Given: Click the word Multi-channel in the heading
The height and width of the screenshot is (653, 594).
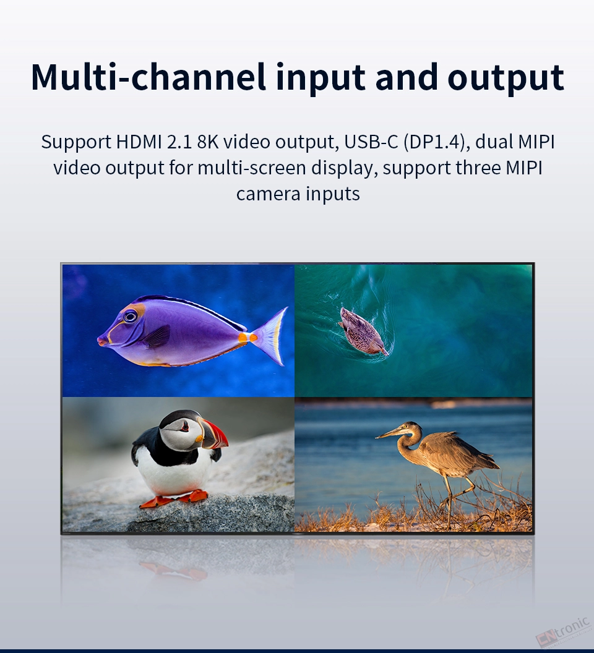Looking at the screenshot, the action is (148, 77).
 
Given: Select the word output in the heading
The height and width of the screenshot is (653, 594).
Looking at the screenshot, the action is (506, 79).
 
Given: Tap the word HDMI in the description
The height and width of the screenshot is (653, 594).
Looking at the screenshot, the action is (139, 142).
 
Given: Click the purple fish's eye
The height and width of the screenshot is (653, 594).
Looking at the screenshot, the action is (130, 317).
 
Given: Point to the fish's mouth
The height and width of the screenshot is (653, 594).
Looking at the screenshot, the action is (101, 340).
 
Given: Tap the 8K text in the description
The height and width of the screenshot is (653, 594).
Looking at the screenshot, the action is (207, 142).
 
